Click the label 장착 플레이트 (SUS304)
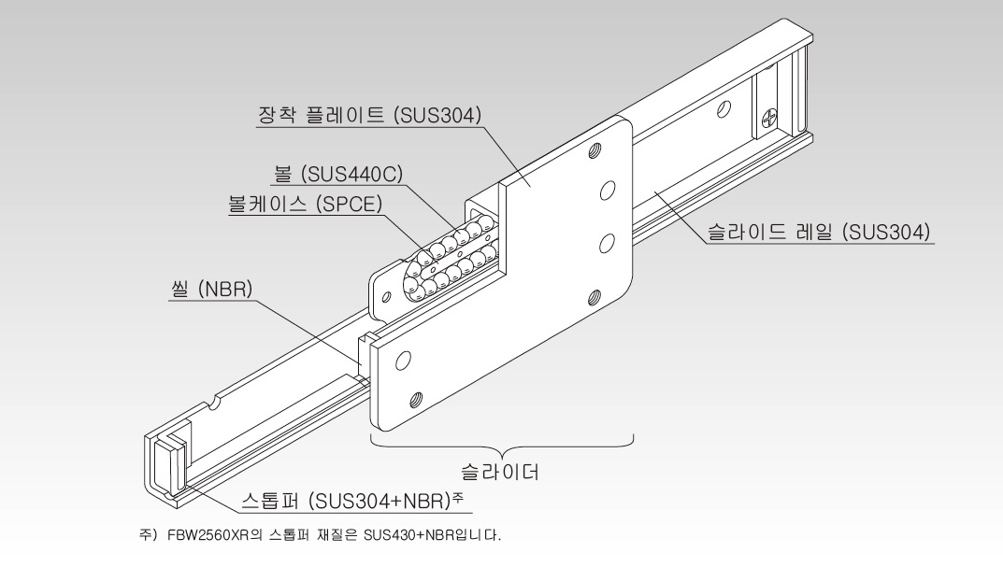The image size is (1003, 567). pyautogui.click(x=367, y=115)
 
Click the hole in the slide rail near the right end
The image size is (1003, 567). pyautogui.click(x=723, y=110)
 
